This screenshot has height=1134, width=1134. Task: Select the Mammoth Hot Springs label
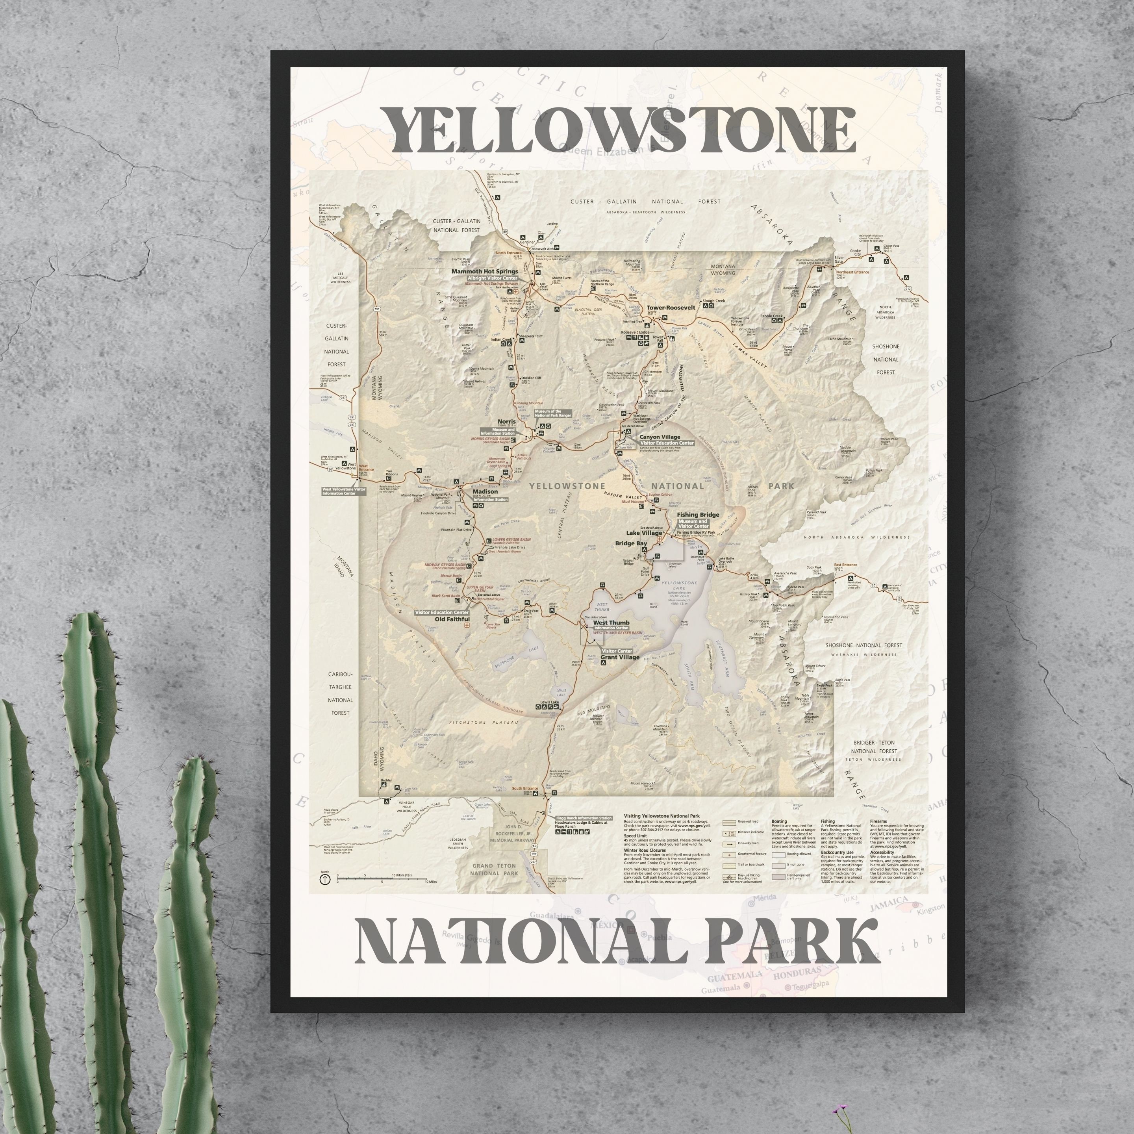[x=484, y=272]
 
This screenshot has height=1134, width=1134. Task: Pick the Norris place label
[x=506, y=421]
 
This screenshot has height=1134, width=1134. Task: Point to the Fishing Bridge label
[x=697, y=515]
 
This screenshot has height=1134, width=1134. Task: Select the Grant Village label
[x=620, y=658]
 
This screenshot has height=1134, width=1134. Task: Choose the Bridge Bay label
[x=630, y=543]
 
